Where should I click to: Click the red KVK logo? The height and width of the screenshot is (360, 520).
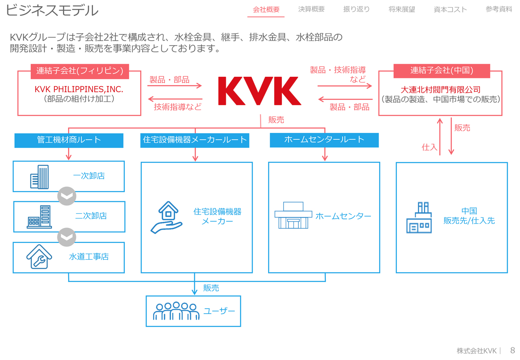point(260,91)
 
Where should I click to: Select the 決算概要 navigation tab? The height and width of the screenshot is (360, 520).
point(311,9)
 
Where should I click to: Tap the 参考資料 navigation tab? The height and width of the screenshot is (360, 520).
point(499,9)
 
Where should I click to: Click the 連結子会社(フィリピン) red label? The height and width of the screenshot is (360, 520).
point(80,71)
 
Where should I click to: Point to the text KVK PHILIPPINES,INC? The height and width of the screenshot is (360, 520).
point(79,89)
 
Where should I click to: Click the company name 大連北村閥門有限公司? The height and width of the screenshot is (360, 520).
point(440,89)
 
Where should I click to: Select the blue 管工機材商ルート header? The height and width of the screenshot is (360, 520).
point(69,140)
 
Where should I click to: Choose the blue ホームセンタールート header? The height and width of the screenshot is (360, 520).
point(324,140)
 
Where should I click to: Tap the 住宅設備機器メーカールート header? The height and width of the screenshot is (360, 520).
point(195,140)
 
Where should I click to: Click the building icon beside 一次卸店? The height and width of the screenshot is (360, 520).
point(39,177)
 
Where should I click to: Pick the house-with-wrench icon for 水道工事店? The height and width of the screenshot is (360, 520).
point(39,257)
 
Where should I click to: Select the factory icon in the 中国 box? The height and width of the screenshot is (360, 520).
point(419,218)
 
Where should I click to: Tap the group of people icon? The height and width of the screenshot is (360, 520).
point(176,311)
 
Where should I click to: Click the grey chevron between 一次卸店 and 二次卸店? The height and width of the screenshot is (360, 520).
point(67,197)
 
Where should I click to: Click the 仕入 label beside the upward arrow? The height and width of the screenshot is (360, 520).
point(429,147)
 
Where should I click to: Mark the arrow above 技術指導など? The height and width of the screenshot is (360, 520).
point(175,99)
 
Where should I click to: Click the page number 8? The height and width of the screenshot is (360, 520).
point(512,350)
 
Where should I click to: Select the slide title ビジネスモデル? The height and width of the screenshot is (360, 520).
point(52,10)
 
